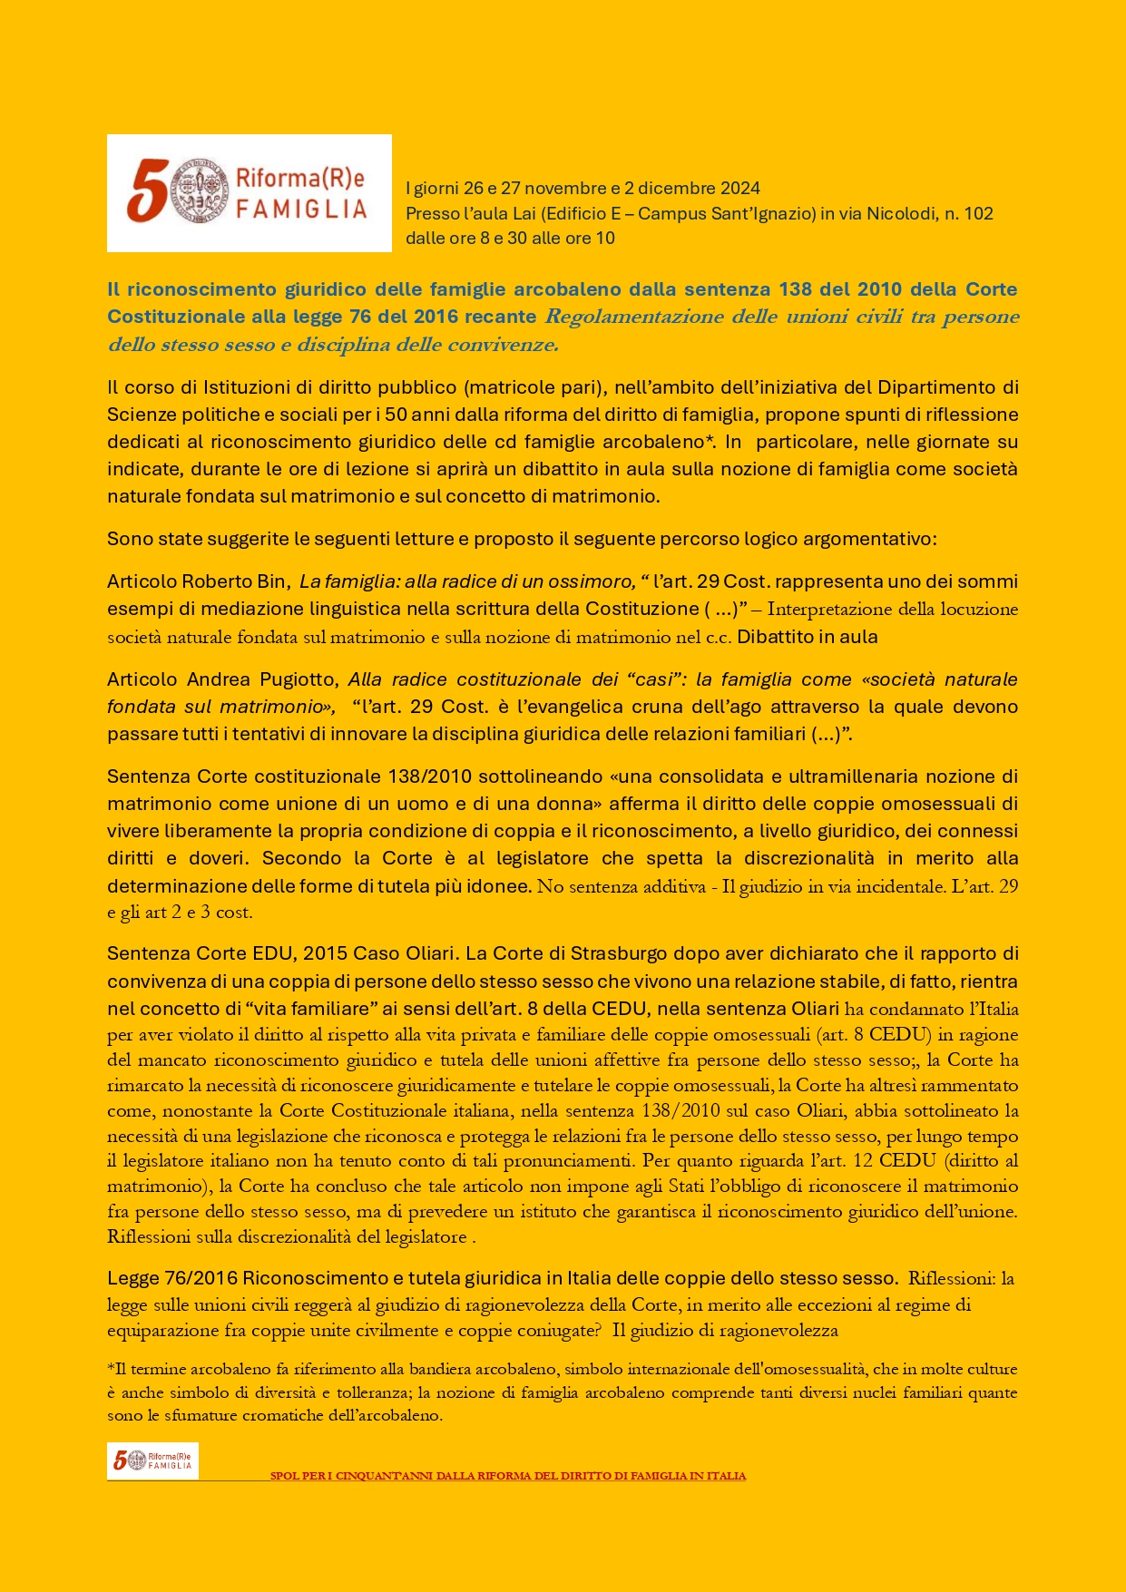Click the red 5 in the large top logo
(x=146, y=190)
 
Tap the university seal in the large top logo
(x=201, y=190)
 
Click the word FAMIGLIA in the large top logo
(x=301, y=210)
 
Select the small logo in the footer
(x=152, y=1460)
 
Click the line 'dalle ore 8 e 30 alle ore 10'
(x=510, y=239)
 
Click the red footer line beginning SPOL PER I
(x=508, y=1476)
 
